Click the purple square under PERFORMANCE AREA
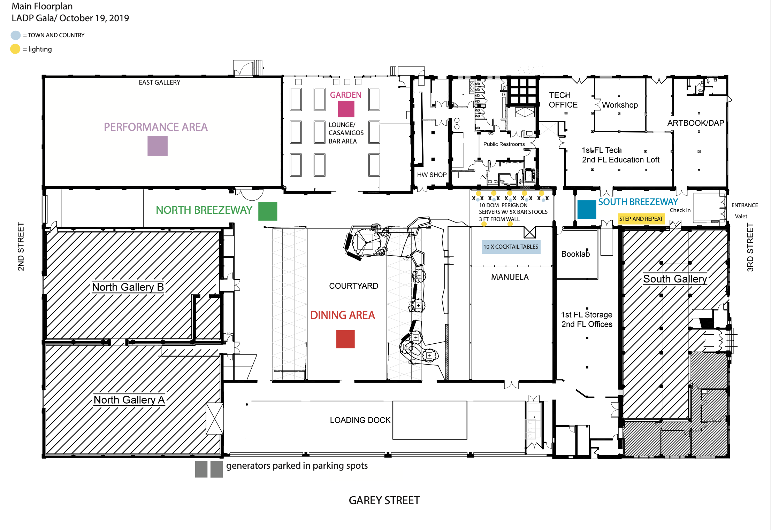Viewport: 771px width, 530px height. [157, 146]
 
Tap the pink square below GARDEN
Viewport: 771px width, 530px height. [346, 109]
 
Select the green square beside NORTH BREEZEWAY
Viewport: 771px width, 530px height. [267, 211]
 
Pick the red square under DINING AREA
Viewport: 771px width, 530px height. [345, 339]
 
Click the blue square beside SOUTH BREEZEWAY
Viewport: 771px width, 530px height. [586, 209]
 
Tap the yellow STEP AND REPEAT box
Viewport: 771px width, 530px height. [641, 219]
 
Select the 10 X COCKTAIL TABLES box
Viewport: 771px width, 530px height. [511, 247]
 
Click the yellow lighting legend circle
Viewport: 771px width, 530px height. [15, 49]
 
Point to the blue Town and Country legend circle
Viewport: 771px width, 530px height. [16, 35]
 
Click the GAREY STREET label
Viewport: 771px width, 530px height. [384, 500]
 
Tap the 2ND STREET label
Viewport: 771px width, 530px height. [21, 246]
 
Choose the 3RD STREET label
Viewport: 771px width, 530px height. [750, 247]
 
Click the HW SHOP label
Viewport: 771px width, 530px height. [432, 175]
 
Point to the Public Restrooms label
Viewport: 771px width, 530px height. [504, 144]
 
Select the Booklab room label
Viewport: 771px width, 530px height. [575, 254]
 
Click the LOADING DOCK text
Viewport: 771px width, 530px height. [360, 420]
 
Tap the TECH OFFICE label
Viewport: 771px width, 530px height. [563, 100]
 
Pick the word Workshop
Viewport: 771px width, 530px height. [620, 105]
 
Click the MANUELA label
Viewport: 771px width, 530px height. [510, 277]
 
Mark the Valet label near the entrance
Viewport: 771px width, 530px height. [741, 216]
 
